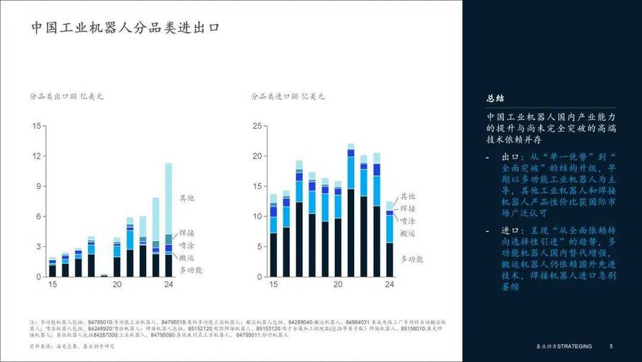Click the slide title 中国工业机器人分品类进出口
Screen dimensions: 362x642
coord(125,28)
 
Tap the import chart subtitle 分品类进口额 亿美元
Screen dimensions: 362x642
coord(288,96)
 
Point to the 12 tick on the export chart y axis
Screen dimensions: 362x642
coord(35,156)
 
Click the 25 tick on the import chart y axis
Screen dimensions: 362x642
coord(256,127)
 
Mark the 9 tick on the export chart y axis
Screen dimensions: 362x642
coord(38,187)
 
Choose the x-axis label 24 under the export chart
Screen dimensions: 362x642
coord(168,285)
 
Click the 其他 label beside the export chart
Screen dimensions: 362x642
coord(187,198)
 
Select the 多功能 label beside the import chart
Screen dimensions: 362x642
coord(412,259)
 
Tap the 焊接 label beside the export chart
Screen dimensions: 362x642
coord(187,233)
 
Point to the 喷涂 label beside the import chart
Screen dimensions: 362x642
coord(408,220)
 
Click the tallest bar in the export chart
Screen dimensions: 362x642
coord(168,220)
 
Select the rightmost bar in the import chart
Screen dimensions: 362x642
coord(390,239)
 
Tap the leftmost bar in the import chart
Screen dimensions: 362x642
coord(273,235)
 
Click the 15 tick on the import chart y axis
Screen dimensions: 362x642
coord(256,186)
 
